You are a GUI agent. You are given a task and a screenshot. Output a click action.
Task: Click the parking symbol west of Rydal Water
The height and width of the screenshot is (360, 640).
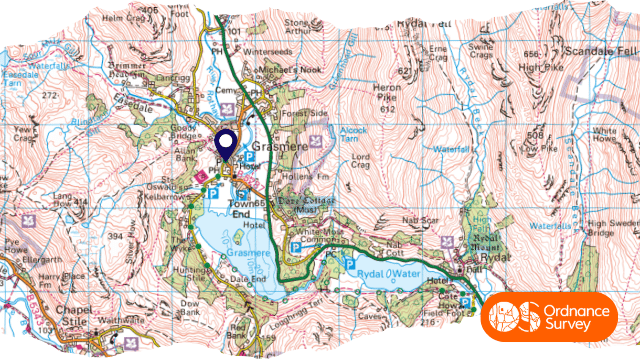point(349,262)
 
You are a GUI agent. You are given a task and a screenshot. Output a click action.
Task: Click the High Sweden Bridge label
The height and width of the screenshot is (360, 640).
point(612,229)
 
